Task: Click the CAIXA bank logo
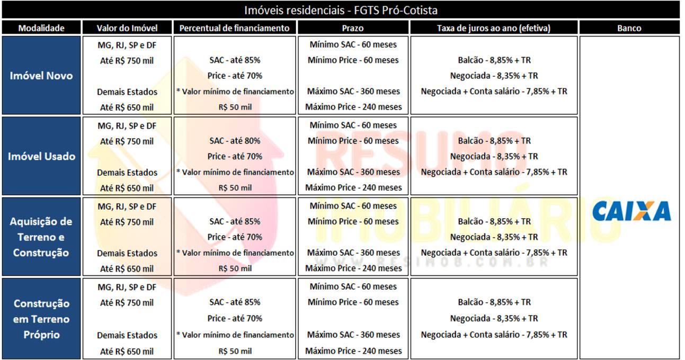pos(631,211)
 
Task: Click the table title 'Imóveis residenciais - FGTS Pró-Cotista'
pos(341,10)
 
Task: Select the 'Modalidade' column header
pos(41,28)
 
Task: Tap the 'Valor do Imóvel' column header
pos(127,28)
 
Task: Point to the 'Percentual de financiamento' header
pos(235,28)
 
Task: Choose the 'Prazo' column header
pos(353,28)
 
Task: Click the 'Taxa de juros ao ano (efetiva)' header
pos(494,28)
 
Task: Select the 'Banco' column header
pos(629,28)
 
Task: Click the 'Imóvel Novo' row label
pos(41,76)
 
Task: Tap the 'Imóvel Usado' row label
pos(41,157)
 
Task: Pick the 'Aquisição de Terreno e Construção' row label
pos(41,237)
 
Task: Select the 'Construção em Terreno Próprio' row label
pos(41,319)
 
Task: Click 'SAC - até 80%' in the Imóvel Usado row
pos(235,141)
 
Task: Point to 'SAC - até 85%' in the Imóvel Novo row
pos(235,60)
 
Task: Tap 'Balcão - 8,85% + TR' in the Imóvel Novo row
pos(494,60)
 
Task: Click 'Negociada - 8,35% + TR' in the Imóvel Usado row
pos(494,156)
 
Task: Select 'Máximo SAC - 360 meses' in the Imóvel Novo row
pos(353,91)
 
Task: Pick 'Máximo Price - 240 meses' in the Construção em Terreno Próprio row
pos(353,350)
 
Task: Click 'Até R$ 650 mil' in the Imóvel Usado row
pos(127,188)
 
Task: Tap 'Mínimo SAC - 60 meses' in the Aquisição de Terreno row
pos(353,206)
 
